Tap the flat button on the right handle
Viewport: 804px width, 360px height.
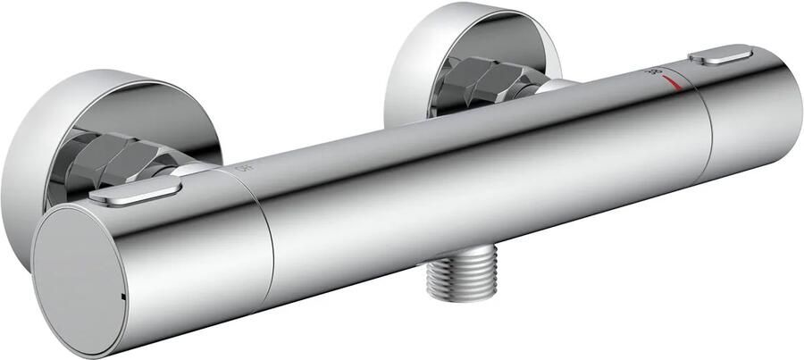721,59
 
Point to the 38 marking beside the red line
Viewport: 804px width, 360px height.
655,75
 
